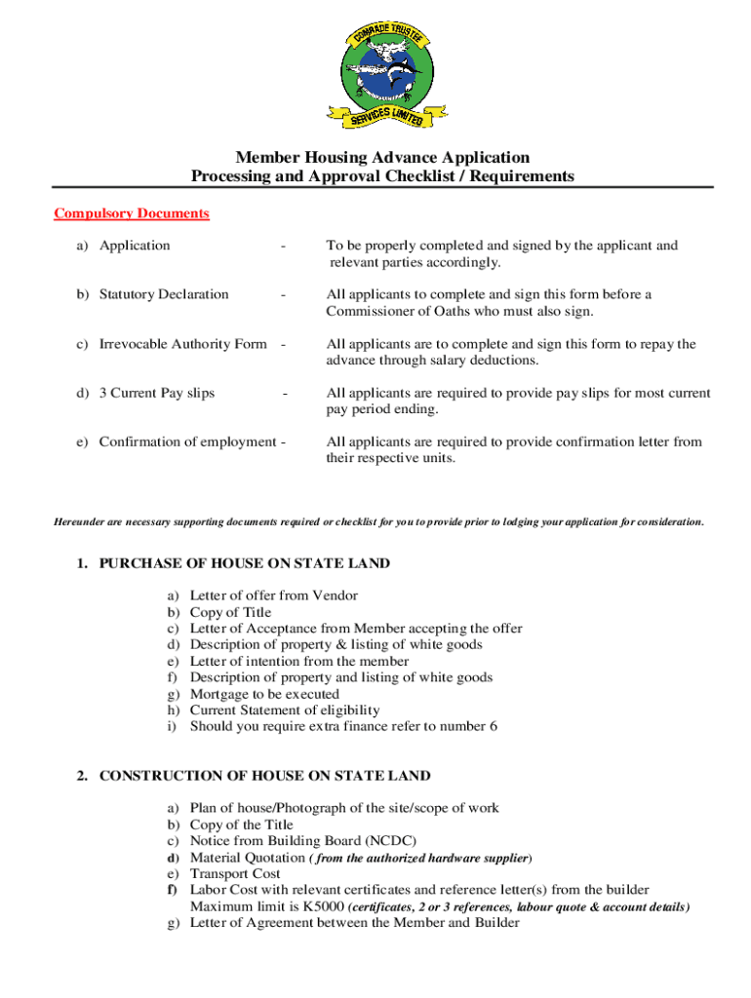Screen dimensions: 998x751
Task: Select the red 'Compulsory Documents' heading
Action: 132,213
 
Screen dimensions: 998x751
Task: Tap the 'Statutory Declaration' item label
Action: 164,294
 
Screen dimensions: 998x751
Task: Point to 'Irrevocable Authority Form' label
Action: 182,344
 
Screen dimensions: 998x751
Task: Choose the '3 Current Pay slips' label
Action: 157,393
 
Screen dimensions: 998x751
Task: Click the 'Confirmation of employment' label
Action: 187,441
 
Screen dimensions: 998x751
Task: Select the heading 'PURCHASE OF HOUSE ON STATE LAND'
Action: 244,563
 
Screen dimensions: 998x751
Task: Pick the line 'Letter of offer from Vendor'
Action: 273,595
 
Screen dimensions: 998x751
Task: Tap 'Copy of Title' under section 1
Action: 230,612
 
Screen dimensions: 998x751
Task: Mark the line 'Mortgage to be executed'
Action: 264,694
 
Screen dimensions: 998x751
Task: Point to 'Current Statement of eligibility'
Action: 285,710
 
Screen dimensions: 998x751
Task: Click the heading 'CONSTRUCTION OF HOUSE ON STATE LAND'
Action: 264,776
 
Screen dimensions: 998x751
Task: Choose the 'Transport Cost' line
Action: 235,873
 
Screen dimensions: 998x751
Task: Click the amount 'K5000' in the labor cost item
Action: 323,906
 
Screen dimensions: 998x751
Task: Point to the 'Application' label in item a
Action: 135,246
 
